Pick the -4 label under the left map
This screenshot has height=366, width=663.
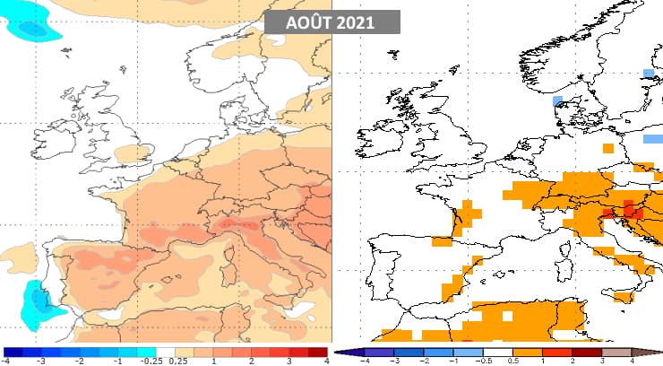8,361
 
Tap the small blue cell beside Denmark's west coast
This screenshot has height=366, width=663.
557,100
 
